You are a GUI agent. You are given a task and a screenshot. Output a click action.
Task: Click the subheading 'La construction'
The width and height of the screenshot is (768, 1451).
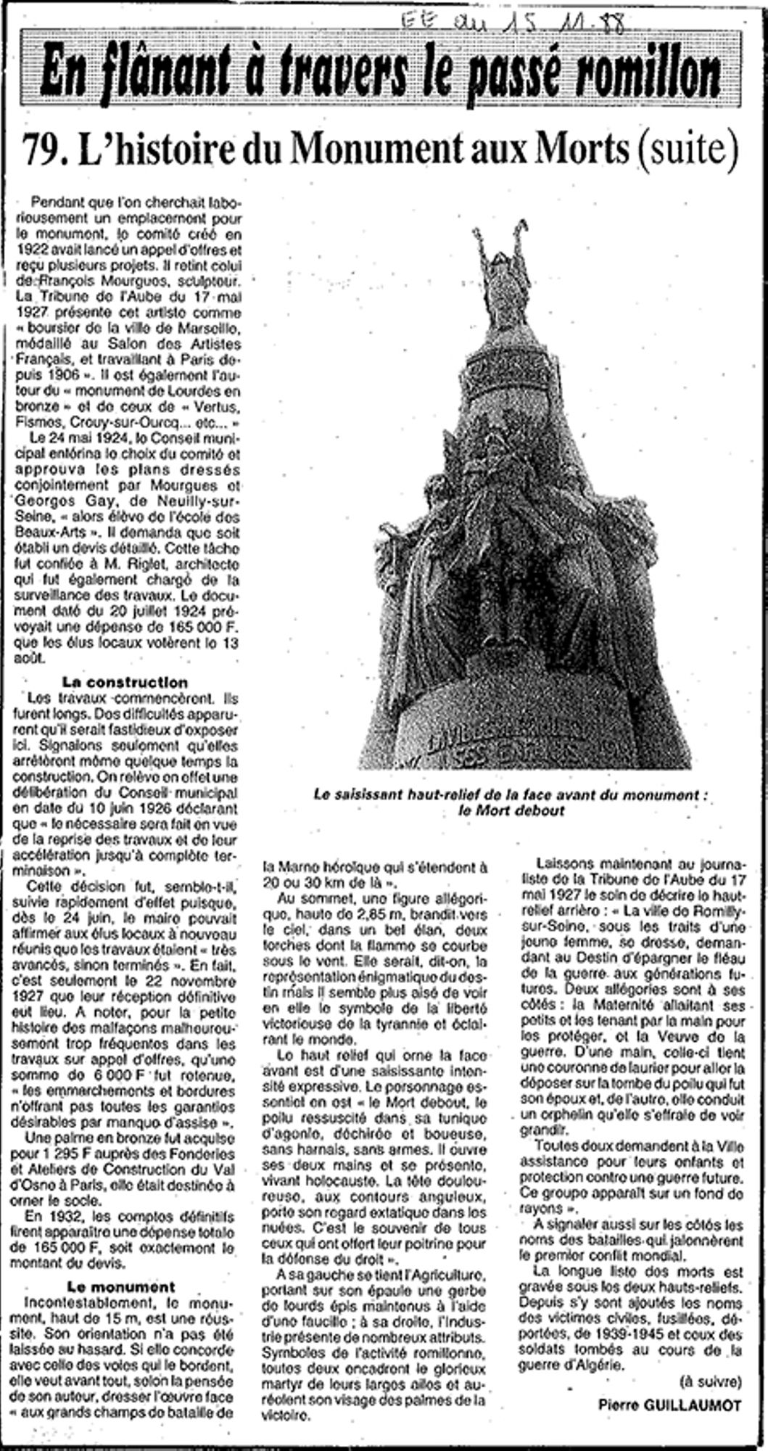pyautogui.click(x=125, y=683)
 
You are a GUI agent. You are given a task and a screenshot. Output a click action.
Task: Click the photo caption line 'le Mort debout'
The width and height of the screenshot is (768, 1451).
pyautogui.click(x=511, y=810)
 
